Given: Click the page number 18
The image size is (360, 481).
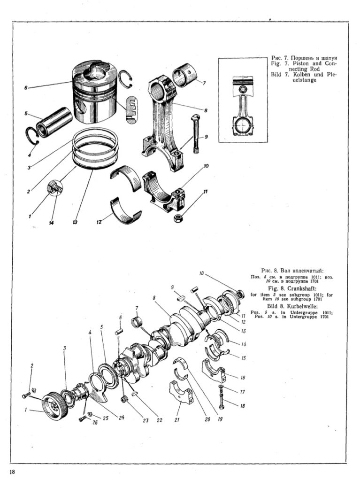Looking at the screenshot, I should (x=12, y=472).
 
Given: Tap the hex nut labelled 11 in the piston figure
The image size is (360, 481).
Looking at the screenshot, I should (x=178, y=218).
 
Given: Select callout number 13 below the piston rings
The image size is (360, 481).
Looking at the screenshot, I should (x=75, y=222).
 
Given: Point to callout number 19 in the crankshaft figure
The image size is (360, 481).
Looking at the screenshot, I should (x=220, y=418).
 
